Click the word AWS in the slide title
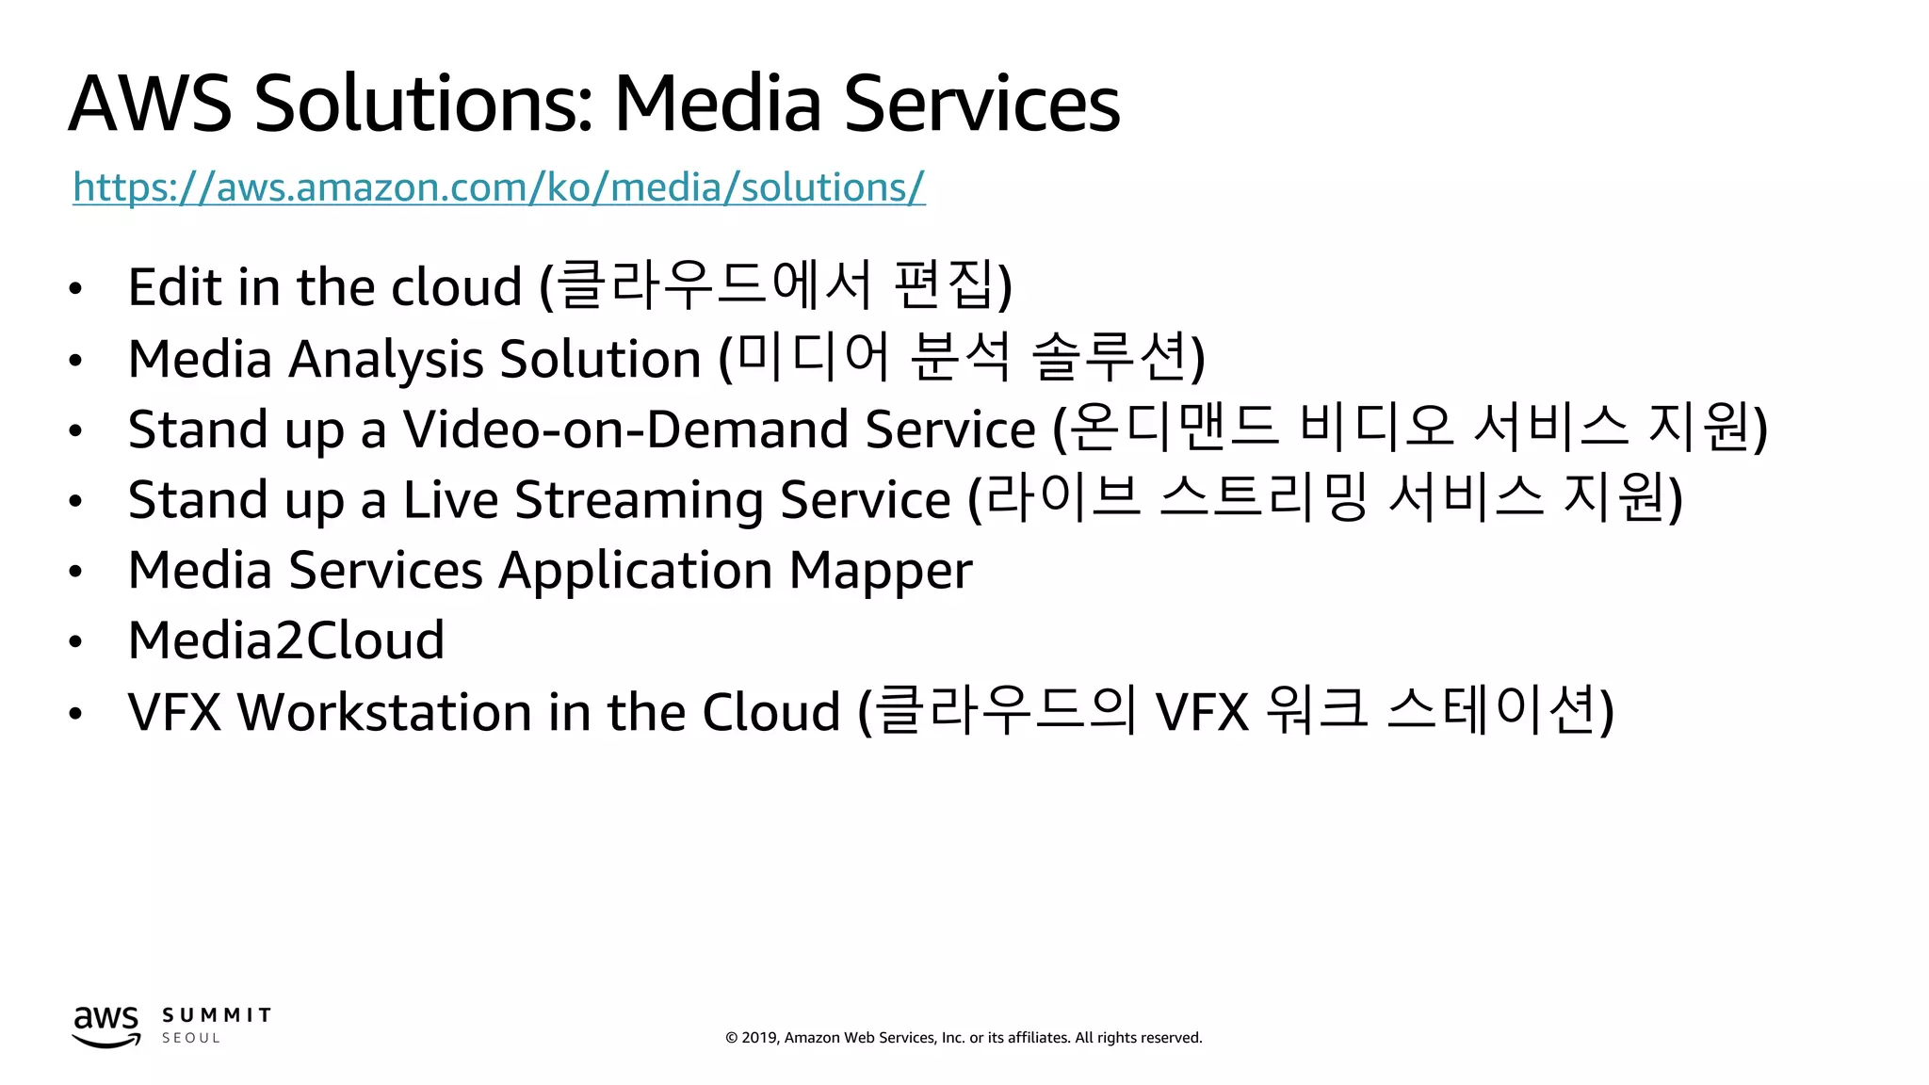tap(150, 104)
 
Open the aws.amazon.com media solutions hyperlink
tap(498, 187)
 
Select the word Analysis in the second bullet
tap(386, 360)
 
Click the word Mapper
tap(881, 571)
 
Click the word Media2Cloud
tap(286, 641)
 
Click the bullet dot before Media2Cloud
tap(75, 642)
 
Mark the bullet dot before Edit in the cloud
tap(75, 289)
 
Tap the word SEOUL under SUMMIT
tap(191, 1038)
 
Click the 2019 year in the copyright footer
tap(759, 1038)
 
